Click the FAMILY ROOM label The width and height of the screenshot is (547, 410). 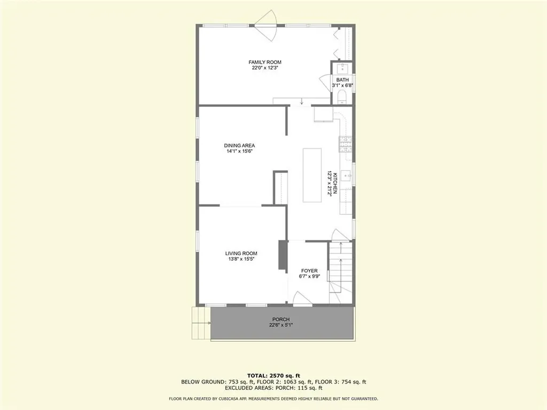pyautogui.click(x=265, y=62)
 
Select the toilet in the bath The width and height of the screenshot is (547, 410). pyautogui.click(x=343, y=97)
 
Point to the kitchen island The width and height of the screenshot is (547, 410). pyautogui.click(x=312, y=175)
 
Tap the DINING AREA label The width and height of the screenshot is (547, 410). pyautogui.click(x=239, y=145)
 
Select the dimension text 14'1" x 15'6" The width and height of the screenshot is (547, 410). pyautogui.click(x=239, y=151)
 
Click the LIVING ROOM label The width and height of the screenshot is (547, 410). pyautogui.click(x=241, y=254)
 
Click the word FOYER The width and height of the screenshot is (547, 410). pyautogui.click(x=309, y=270)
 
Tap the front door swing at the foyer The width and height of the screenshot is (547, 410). pyautogui.click(x=302, y=300)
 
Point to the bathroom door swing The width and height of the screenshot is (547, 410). pyautogui.click(x=325, y=84)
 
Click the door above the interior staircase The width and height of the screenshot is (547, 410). pyautogui.click(x=338, y=235)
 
